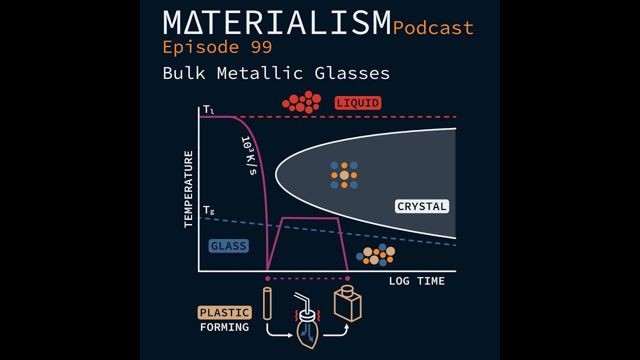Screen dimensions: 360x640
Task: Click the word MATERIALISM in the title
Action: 276,22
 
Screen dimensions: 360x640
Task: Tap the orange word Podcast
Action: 433,28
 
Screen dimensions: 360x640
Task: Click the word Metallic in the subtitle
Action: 259,73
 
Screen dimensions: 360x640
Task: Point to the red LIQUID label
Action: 358,103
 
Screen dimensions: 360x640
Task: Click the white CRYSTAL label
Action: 422,206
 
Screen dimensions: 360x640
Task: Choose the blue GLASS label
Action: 228,246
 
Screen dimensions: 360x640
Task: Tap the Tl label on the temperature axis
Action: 208,109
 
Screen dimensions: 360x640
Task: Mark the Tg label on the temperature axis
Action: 208,210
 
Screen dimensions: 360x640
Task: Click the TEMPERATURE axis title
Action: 188,189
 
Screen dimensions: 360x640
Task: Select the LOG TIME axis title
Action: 416,281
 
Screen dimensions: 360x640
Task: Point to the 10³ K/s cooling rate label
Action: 248,155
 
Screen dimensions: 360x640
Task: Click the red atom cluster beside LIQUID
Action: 301,102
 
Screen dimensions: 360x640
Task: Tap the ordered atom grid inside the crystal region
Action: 344,175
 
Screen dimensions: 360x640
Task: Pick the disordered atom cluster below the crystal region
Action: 375,254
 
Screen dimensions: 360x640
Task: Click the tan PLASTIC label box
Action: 224,313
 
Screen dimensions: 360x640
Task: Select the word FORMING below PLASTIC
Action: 224,327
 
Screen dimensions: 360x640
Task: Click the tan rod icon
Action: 267,303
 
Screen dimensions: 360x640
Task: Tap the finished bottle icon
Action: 347,303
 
